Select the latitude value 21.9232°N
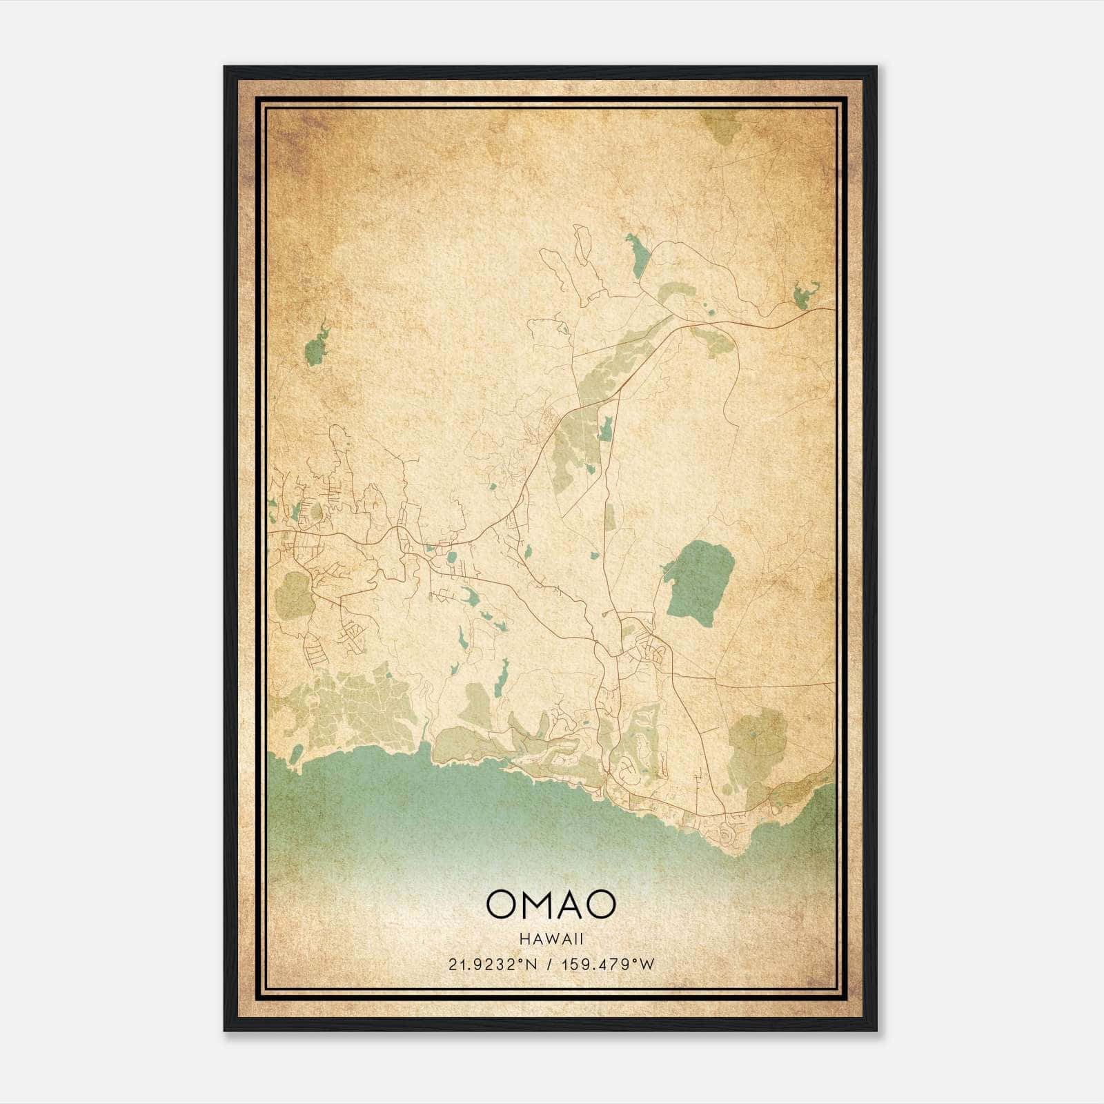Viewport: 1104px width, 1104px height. (x=491, y=965)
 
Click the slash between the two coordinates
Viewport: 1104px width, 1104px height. (x=548, y=965)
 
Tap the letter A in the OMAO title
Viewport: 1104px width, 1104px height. (x=571, y=904)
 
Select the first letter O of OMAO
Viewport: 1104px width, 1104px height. (x=500, y=904)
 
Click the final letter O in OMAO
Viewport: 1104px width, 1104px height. (x=601, y=904)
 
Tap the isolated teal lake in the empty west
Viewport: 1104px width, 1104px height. (x=315, y=346)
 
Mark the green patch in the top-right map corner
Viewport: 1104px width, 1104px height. (x=720, y=126)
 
